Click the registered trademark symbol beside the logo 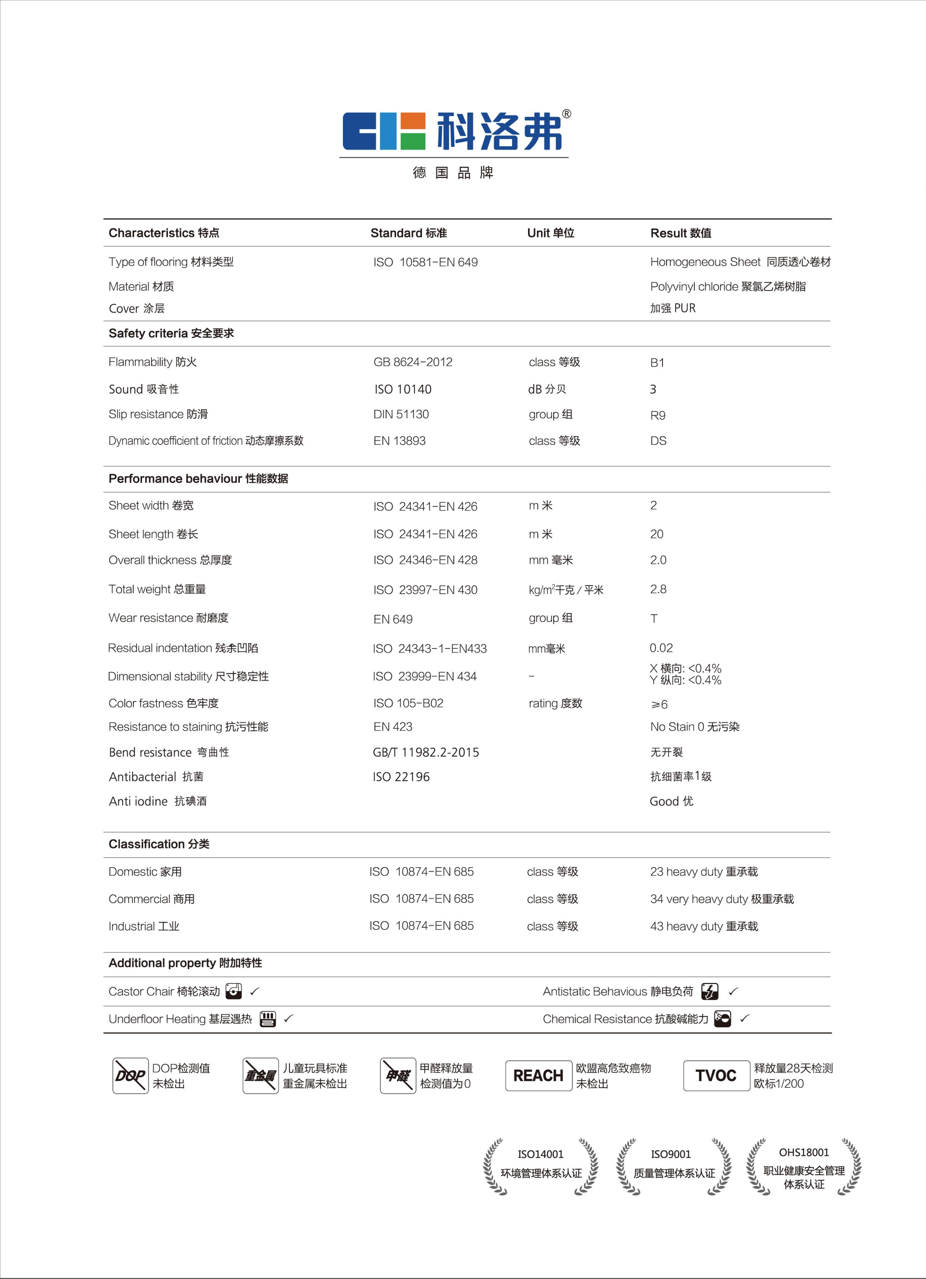click(x=567, y=114)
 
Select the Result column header click(x=680, y=233)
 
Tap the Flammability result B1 click(x=657, y=363)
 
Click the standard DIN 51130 click(x=401, y=415)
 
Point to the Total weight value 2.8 click(x=658, y=589)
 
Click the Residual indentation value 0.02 click(x=661, y=648)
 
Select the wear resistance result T click(x=654, y=619)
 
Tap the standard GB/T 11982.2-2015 click(x=426, y=752)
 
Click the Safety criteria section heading click(x=171, y=333)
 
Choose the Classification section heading click(x=158, y=844)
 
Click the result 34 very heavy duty click(x=721, y=899)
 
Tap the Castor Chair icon click(x=233, y=991)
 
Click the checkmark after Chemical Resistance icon click(x=745, y=1019)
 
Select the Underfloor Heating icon click(x=268, y=1019)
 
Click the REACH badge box click(x=538, y=1075)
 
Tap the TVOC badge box click(x=716, y=1075)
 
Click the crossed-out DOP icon click(x=130, y=1075)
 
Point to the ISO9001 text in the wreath click(x=671, y=1154)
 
